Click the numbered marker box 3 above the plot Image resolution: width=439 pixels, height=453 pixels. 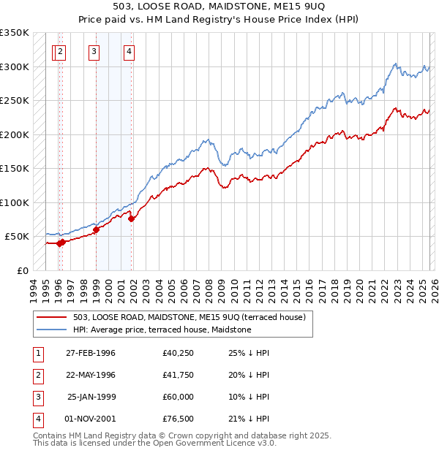tap(95, 51)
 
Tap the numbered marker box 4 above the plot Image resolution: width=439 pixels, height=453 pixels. tap(129, 51)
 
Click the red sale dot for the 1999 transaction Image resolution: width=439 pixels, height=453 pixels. tap(96, 229)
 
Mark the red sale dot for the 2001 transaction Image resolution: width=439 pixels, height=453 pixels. tap(131, 218)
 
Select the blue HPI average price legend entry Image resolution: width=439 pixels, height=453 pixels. tap(162, 330)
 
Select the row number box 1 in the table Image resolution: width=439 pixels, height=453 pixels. tap(37, 353)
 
